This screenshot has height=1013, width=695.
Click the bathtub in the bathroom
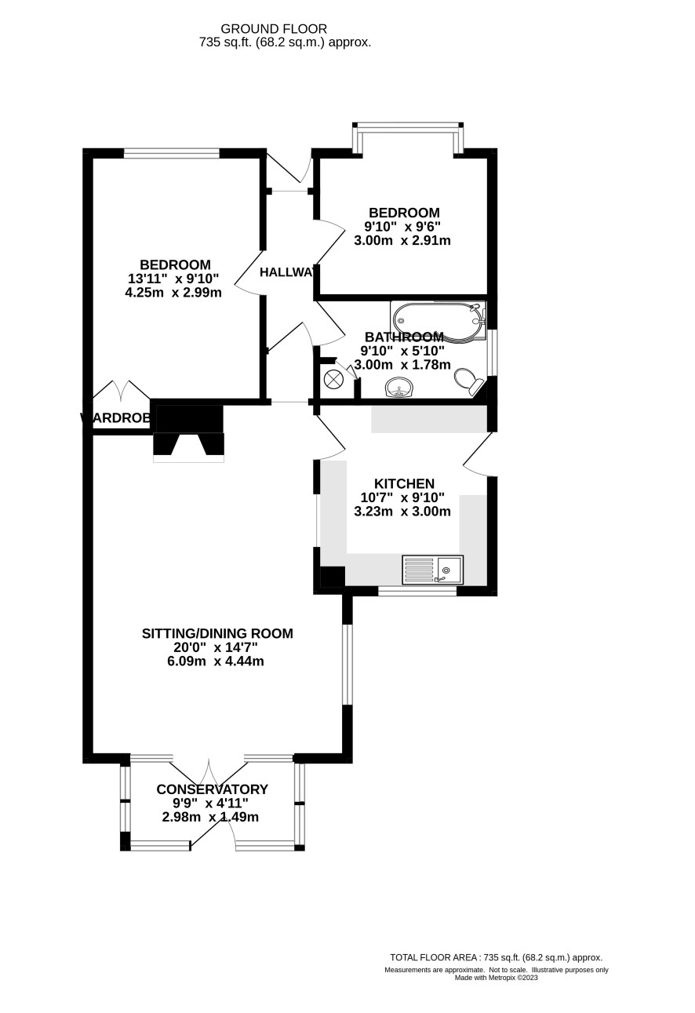[x=438, y=321]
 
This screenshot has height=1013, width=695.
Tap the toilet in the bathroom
[x=468, y=382]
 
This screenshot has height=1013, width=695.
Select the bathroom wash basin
[x=400, y=387]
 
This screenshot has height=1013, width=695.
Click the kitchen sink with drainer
[x=432, y=570]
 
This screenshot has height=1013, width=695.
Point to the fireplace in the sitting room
[x=189, y=432]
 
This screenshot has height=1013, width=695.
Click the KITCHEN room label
[x=404, y=484]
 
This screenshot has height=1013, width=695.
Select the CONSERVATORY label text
[x=212, y=789]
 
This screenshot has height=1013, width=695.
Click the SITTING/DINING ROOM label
[x=217, y=633]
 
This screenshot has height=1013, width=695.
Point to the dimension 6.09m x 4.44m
[x=215, y=661]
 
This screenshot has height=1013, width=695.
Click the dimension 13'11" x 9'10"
[x=173, y=279]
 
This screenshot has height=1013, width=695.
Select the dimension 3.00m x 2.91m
[x=402, y=241]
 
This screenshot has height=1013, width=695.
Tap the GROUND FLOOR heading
[x=274, y=29]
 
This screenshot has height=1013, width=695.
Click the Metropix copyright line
[x=496, y=978]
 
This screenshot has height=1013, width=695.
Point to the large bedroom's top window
[x=171, y=154]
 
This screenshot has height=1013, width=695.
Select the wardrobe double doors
[x=122, y=390]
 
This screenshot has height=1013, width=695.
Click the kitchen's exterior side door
[x=478, y=453]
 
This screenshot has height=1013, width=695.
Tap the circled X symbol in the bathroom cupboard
[x=333, y=379]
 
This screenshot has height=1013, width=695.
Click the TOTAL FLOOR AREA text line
[x=496, y=957]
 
